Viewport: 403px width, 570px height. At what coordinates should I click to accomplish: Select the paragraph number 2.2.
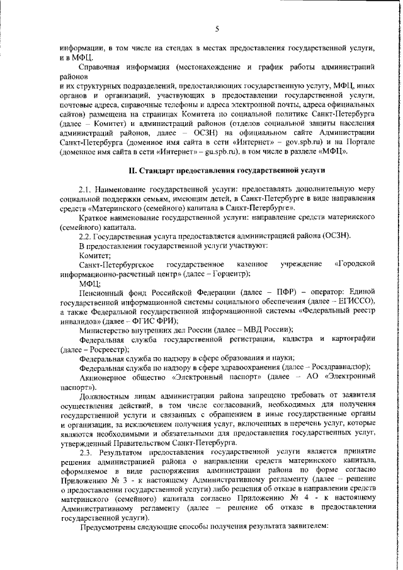[86, 236]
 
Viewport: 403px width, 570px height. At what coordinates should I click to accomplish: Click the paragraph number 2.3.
[86, 453]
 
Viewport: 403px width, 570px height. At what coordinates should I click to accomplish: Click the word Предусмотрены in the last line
[111, 527]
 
